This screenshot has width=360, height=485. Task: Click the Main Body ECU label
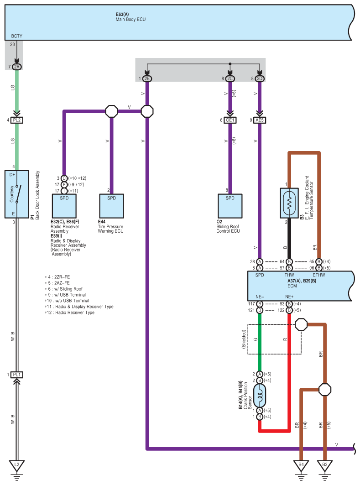click(130, 19)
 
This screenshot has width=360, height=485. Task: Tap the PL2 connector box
click(17, 120)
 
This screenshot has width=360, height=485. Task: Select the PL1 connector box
click(17, 375)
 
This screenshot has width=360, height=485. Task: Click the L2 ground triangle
click(17, 465)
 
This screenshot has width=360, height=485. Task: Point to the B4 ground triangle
click(301, 465)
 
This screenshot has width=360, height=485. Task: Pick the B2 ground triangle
click(325, 465)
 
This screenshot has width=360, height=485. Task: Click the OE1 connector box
click(230, 120)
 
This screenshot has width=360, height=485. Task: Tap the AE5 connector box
click(260, 120)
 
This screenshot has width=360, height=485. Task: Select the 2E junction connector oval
click(147, 78)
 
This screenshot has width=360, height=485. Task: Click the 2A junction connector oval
click(17, 67)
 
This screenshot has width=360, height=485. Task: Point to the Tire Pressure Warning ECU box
click(111, 206)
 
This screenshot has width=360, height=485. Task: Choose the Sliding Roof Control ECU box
click(230, 206)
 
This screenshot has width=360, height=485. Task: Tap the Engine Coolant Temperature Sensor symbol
click(289, 203)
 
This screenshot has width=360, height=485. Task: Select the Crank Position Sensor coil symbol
click(260, 396)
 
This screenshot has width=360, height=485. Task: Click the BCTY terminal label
click(17, 36)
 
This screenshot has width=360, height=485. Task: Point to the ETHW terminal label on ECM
click(319, 275)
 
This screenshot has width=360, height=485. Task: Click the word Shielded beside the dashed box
click(244, 339)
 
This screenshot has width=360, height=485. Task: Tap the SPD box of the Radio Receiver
click(64, 206)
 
